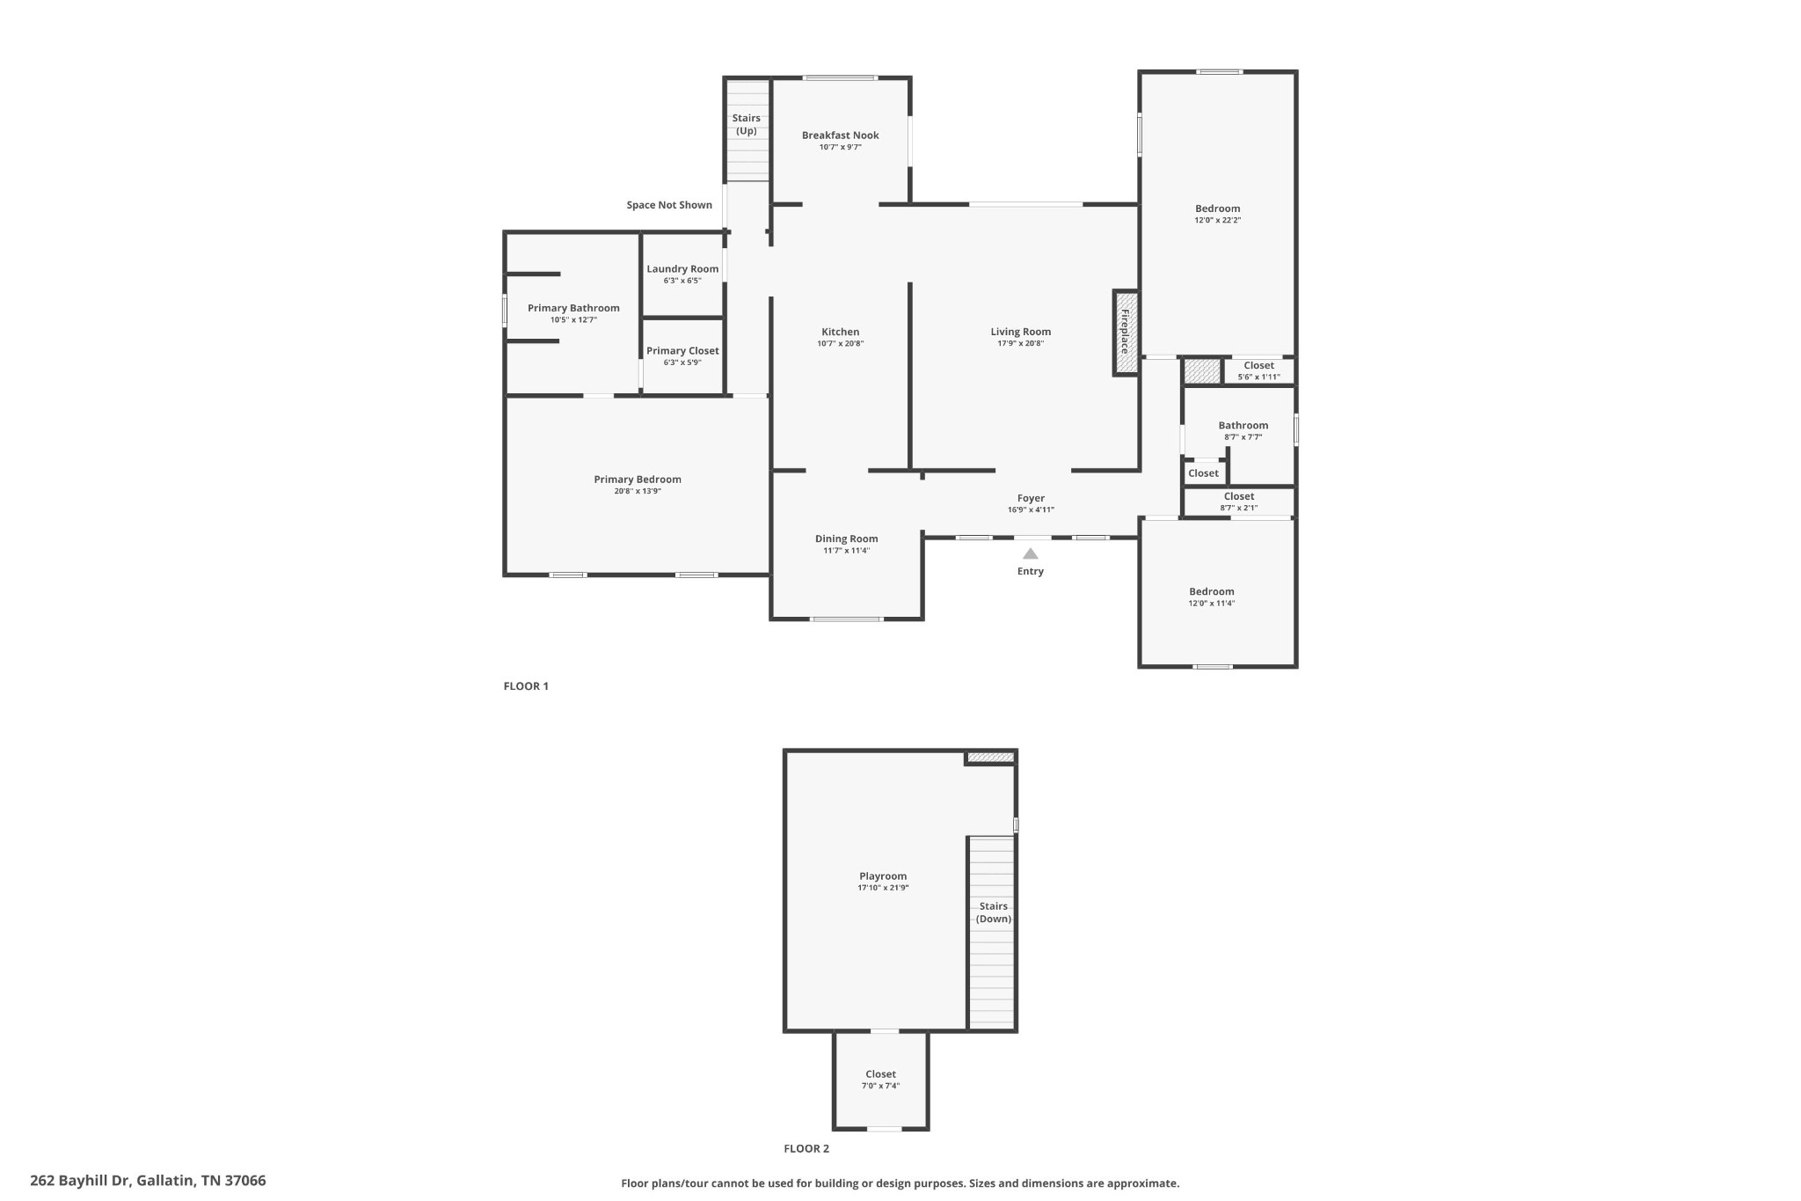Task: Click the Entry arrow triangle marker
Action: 1030,553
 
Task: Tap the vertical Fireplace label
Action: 1125,332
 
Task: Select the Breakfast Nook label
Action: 840,135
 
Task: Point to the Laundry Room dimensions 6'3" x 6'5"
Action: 682,281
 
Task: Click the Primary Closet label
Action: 682,351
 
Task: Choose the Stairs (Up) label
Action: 746,124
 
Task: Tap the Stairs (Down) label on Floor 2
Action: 993,912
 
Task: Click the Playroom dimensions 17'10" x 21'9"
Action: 883,888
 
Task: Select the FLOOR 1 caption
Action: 526,686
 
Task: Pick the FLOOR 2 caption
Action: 806,1148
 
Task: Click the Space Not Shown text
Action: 669,205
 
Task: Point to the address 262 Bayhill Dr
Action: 148,1181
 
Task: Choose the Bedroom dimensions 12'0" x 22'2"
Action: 1217,220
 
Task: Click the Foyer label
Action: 1031,498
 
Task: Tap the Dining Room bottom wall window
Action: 846,619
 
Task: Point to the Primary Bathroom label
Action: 573,308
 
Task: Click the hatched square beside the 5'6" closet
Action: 1202,370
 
